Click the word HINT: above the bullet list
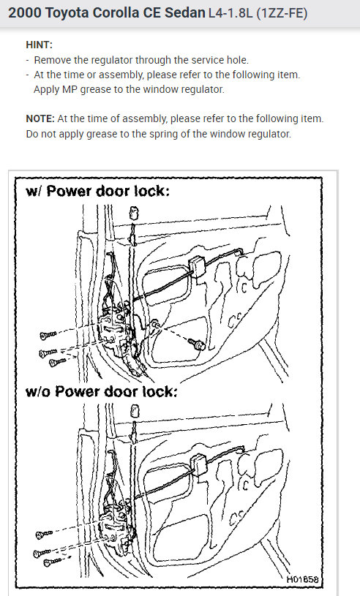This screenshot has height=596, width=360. click(40, 45)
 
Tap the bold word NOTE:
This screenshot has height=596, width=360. click(40, 119)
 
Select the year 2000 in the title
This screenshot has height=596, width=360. click(25, 13)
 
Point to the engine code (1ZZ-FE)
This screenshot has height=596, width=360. click(282, 13)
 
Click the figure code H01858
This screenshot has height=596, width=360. click(302, 579)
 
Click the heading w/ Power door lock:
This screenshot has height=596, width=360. click(98, 191)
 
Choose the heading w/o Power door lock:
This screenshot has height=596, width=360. click(102, 391)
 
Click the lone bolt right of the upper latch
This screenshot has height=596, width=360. click(198, 344)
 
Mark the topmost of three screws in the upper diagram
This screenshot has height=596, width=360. click(48, 335)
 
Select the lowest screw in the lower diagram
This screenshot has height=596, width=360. click(53, 562)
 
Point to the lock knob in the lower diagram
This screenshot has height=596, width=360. click(135, 411)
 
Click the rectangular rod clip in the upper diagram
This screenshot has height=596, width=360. click(198, 265)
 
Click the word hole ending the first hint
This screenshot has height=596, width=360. click(240, 60)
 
